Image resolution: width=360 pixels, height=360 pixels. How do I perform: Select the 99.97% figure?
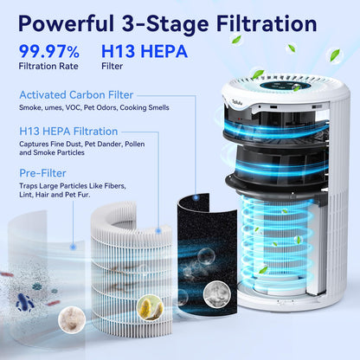pyautogui.click(x=51, y=53)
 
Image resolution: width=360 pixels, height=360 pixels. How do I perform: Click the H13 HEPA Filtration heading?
pyautogui.click(x=70, y=130)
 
